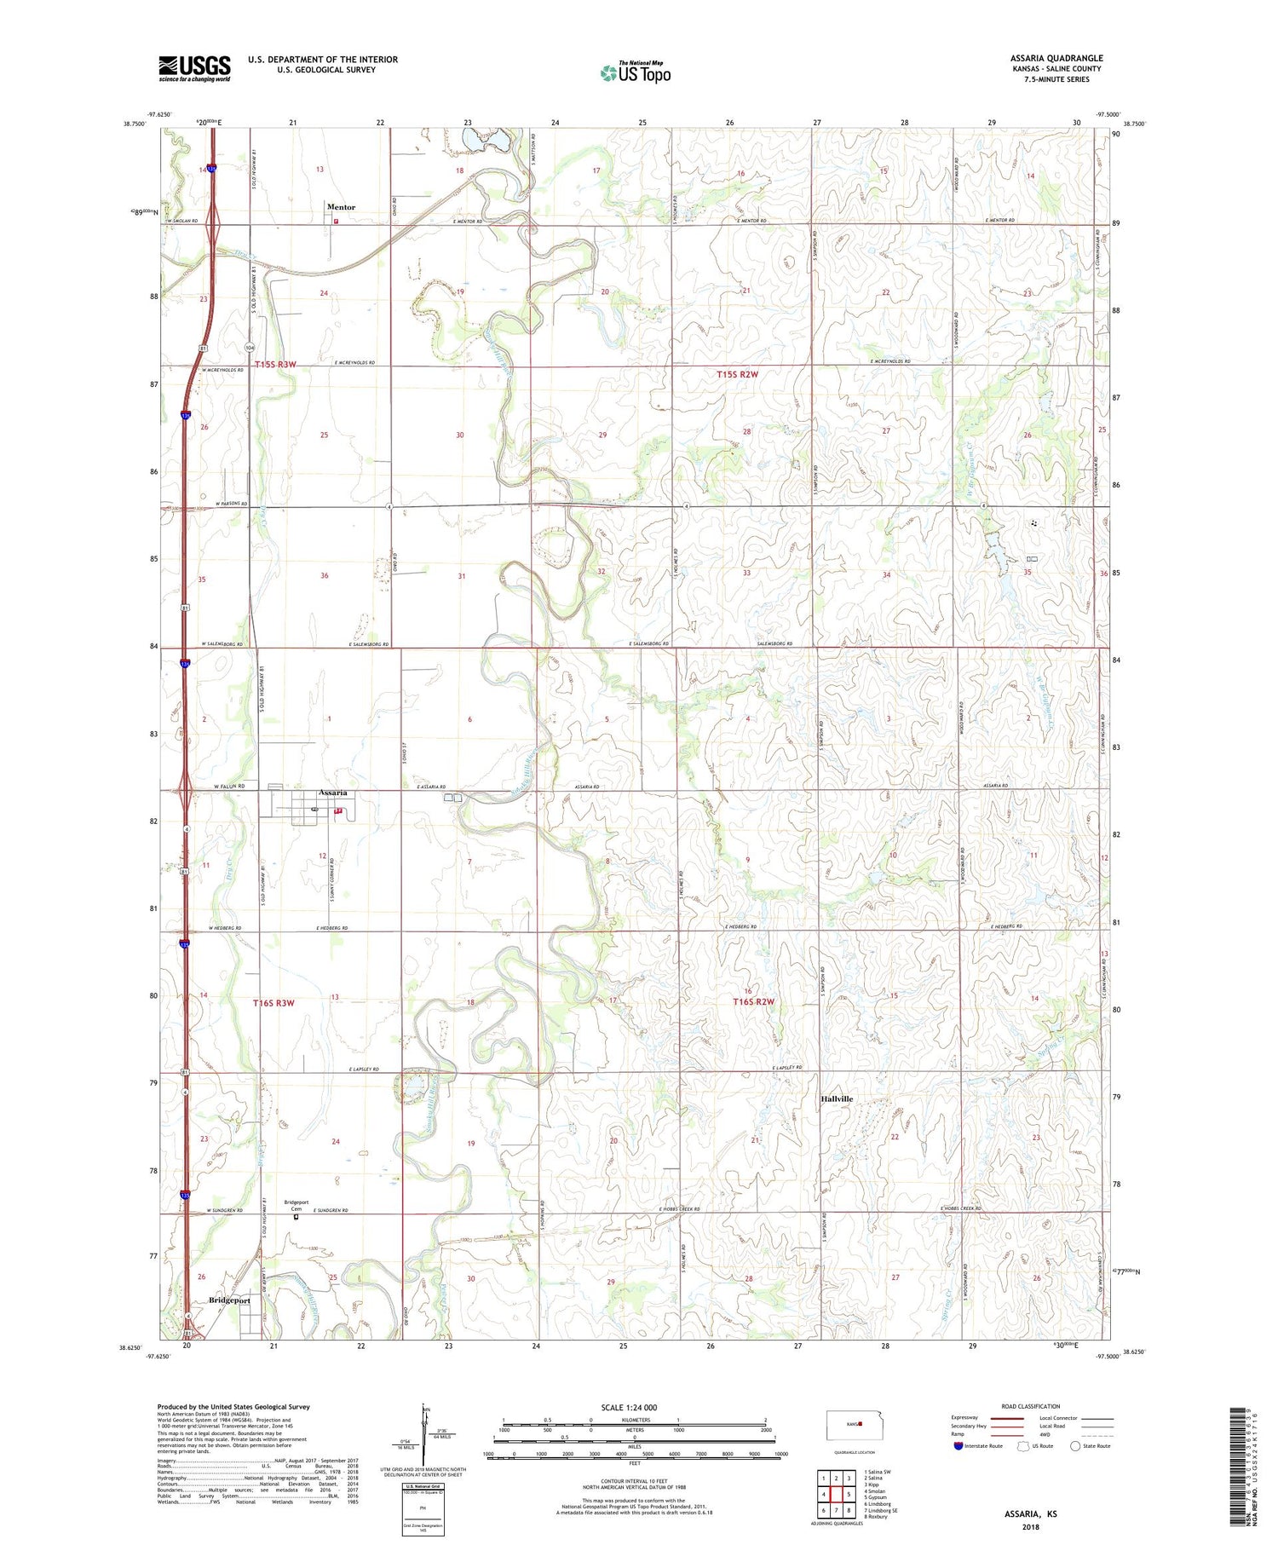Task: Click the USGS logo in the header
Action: [x=194, y=68]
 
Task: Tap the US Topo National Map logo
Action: [x=635, y=72]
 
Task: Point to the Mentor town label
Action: [x=341, y=207]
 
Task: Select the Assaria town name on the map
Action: [x=332, y=793]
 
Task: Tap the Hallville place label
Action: [x=837, y=1099]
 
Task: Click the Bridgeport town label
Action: [x=230, y=1300]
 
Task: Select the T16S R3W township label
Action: [x=273, y=1003]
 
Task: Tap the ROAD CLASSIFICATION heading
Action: [x=1031, y=1406]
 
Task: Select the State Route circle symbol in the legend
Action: [x=1075, y=1445]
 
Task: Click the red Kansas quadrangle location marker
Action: [x=861, y=1422]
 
